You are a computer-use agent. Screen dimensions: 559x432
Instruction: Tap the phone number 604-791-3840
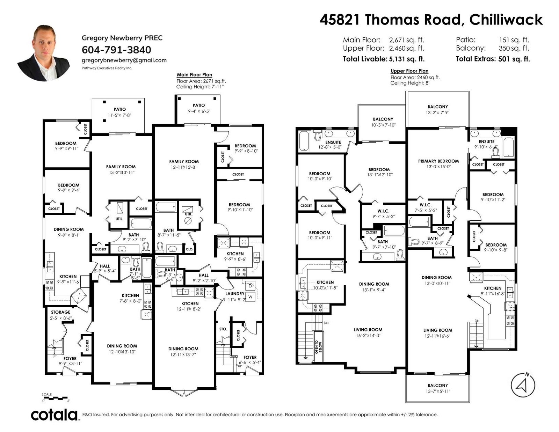coord(116,50)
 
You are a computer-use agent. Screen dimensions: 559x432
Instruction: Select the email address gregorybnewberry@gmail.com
coord(124,60)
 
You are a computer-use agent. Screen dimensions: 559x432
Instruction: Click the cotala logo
coord(54,415)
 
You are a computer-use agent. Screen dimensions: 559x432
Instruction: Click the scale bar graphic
coord(55,398)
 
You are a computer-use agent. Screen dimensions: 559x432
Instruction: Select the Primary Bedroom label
coord(438,161)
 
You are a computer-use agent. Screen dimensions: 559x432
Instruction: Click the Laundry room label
coord(235,294)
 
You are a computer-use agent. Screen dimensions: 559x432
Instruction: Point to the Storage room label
coord(60,312)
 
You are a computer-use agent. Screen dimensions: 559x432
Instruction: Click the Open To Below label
coord(319,347)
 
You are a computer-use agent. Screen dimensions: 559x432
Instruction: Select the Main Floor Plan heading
coord(195,75)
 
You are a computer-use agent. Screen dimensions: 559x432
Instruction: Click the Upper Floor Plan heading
coord(409,71)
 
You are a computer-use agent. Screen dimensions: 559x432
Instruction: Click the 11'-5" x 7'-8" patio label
coord(119,115)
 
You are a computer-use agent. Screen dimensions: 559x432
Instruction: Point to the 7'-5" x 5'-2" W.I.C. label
coord(426,210)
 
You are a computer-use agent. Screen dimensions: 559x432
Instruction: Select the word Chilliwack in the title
coord(506,20)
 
